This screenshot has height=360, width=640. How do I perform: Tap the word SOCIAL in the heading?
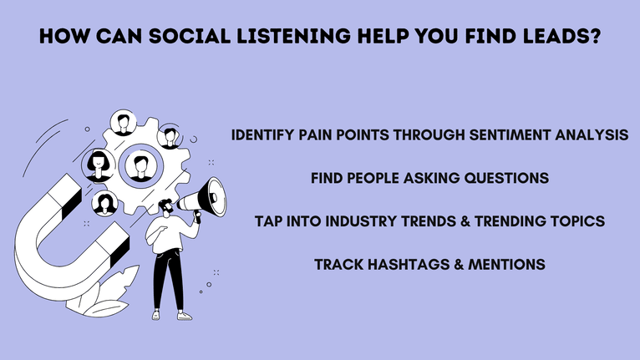194,38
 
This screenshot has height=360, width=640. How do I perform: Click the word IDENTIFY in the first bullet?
266,135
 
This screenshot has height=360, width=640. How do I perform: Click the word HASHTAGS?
411,265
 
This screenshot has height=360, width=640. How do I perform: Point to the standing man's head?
166,205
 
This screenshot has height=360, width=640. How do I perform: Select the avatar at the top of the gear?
124,125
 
